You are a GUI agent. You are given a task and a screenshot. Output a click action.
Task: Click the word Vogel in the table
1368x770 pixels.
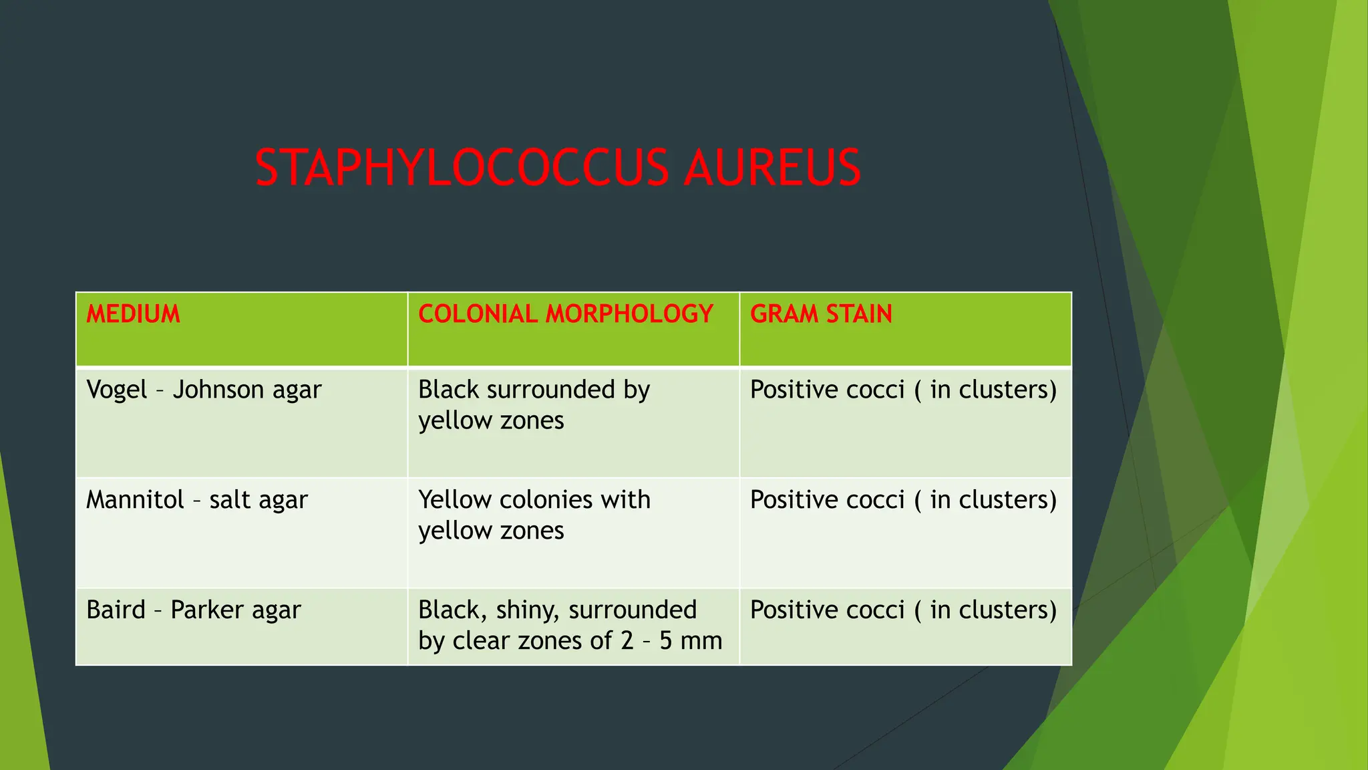[x=116, y=390]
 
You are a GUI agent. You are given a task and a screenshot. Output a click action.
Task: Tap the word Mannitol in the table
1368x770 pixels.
[x=135, y=500]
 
